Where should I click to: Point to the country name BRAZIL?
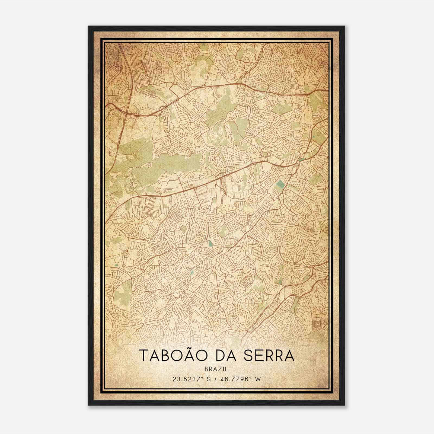pyautogui.click(x=217, y=369)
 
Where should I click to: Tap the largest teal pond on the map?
pyautogui.click(x=279, y=186)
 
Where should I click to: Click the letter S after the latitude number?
pyautogui.click(x=209, y=379)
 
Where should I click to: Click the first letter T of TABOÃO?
pyautogui.click(x=144, y=356)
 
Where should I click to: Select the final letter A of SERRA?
pyautogui.click(x=289, y=356)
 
